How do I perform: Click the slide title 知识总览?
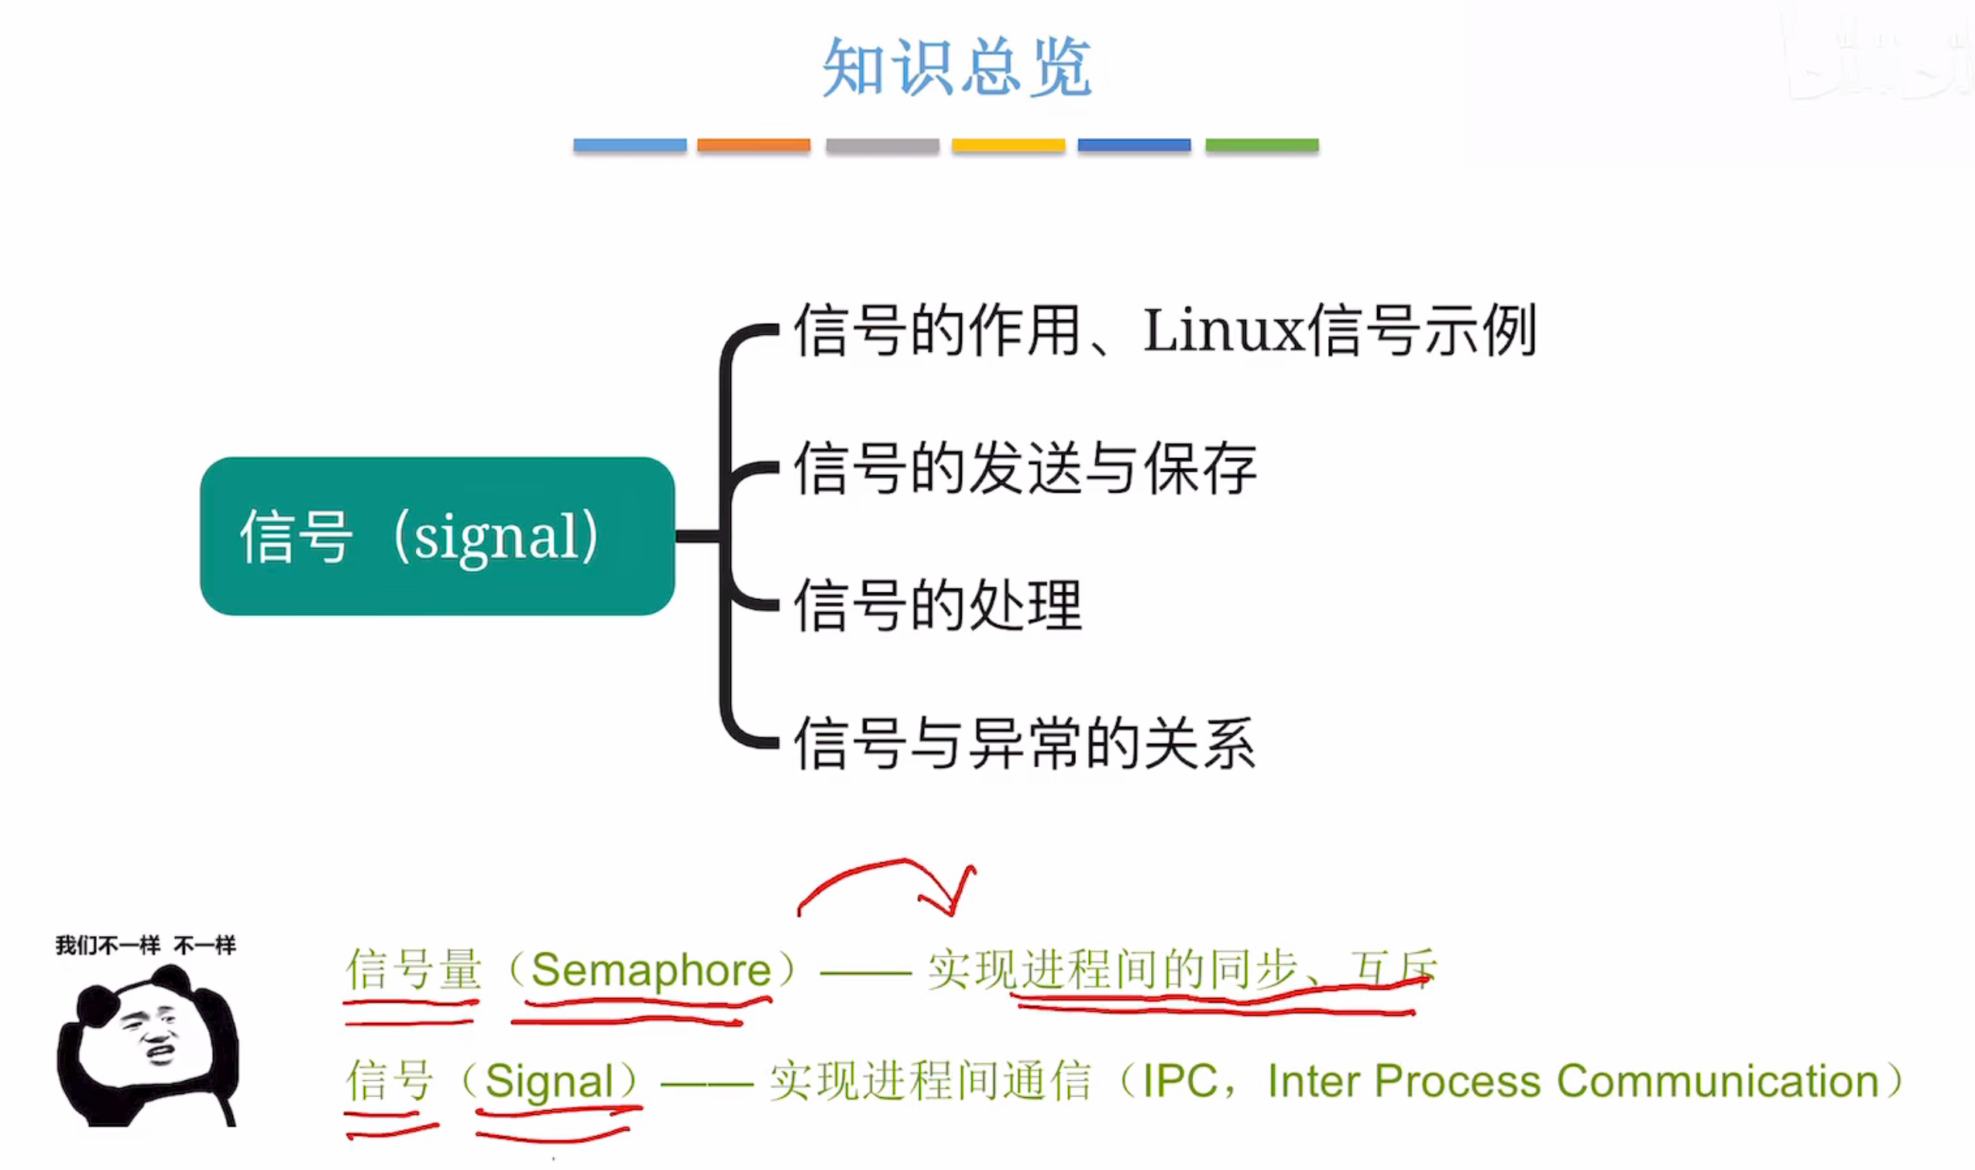pyautogui.click(x=956, y=68)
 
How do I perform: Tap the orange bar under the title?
pyautogui.click(x=754, y=145)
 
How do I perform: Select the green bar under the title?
pyautogui.click(x=1261, y=145)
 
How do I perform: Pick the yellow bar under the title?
pyautogui.click(x=1008, y=145)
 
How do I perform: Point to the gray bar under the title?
pyautogui.click(x=882, y=145)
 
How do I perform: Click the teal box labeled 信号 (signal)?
pyautogui.click(x=438, y=536)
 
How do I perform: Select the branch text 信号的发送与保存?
pyautogui.click(x=1025, y=469)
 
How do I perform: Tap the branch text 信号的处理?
pyautogui.click(x=938, y=605)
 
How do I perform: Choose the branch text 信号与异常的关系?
pyautogui.click(x=1025, y=744)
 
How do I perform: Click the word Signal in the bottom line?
pyautogui.click(x=548, y=1081)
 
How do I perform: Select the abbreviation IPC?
pyautogui.click(x=1180, y=1081)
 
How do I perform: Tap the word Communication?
pyautogui.click(x=1718, y=1081)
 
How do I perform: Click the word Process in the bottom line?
pyautogui.click(x=1457, y=1081)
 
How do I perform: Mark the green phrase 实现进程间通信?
pyautogui.click(x=930, y=1081)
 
